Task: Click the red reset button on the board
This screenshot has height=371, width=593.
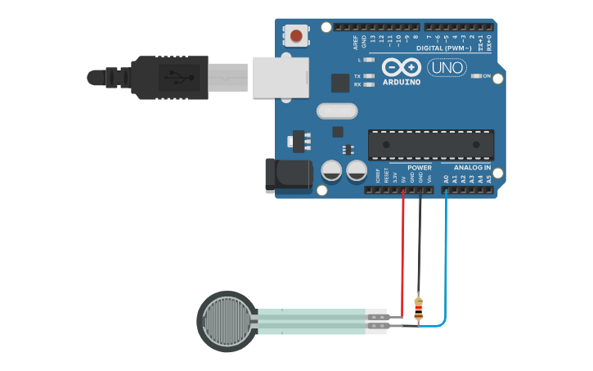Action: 296,36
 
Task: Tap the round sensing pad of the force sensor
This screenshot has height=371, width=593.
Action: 227,321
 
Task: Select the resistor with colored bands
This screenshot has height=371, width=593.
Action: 419,308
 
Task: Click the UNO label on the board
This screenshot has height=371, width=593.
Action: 447,67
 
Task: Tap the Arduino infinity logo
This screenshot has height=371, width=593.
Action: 401,67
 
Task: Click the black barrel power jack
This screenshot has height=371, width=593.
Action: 288,175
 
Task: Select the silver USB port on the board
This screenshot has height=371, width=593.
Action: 281,77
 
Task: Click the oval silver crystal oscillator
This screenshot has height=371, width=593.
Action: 337,111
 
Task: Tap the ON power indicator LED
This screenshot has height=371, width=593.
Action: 477,76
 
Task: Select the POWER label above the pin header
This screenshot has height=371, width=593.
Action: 419,168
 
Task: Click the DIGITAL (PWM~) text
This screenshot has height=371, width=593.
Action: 442,48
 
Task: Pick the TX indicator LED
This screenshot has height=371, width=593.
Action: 369,76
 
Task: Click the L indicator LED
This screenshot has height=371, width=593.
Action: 369,60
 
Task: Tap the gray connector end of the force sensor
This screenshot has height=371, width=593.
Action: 376,321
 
